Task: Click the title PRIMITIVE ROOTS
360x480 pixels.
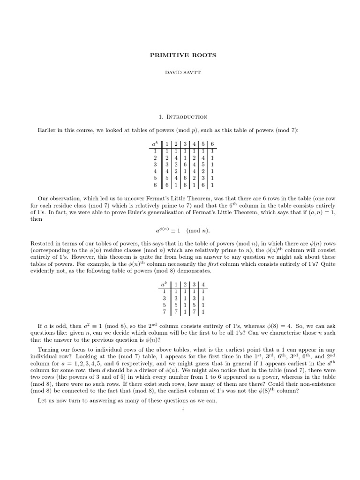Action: [x=183, y=55]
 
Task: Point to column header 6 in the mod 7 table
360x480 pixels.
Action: [x=212, y=143]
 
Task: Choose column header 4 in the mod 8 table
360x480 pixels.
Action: [x=202, y=284]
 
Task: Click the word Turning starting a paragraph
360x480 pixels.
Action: [x=49, y=349]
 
